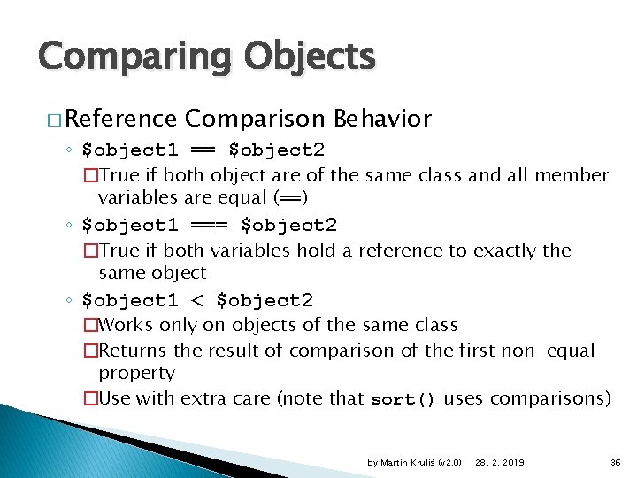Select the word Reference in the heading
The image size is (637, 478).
click(x=121, y=119)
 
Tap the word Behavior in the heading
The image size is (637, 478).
click(x=383, y=119)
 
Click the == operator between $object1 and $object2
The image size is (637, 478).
click(x=206, y=150)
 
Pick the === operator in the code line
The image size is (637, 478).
click(x=212, y=226)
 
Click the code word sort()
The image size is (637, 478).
click(x=403, y=399)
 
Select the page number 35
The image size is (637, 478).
click(x=616, y=462)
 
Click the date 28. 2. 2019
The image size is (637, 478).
click(x=499, y=462)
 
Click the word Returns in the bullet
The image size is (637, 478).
click(x=134, y=351)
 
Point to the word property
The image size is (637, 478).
click(x=136, y=374)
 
